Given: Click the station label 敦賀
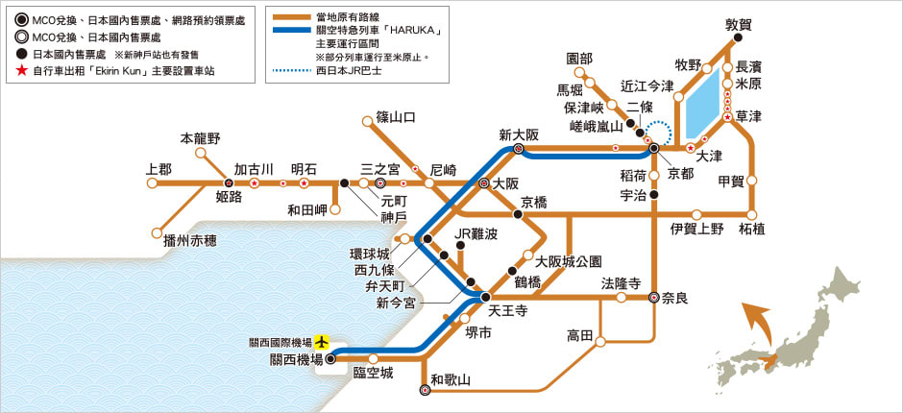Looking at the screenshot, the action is (x=740, y=24).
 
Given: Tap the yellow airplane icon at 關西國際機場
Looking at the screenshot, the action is (x=322, y=342).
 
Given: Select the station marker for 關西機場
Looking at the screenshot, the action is (x=330, y=359).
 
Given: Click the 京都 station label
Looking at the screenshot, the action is (x=680, y=173).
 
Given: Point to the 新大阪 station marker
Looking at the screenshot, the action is (x=519, y=149).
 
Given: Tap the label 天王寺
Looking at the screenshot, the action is (x=507, y=311).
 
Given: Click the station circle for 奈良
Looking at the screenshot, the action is (x=654, y=297).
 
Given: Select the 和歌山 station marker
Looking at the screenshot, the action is (x=425, y=390).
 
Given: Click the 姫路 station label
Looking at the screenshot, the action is (x=229, y=198).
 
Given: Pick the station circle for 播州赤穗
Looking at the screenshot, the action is (x=157, y=232).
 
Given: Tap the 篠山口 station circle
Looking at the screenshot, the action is (x=367, y=121).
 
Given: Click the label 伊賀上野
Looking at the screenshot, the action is (x=696, y=230).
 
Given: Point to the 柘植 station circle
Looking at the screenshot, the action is (x=752, y=214).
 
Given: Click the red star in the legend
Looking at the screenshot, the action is (x=22, y=72).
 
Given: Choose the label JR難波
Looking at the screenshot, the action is (x=476, y=233).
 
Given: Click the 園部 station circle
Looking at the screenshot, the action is (x=580, y=73).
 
